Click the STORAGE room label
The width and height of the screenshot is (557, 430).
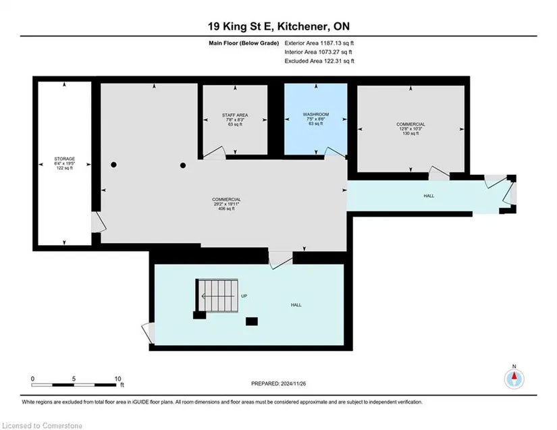[x=65, y=159]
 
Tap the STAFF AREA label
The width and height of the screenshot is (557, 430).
[x=235, y=115]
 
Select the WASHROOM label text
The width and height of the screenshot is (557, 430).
[x=316, y=114]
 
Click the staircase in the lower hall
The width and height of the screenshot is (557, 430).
[x=217, y=296]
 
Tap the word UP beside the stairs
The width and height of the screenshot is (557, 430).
[x=244, y=296]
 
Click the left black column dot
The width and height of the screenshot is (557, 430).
[x=113, y=165]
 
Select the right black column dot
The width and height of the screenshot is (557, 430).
[x=183, y=165]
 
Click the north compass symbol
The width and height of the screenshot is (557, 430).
[x=514, y=379]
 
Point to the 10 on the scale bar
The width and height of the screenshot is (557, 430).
[x=118, y=379]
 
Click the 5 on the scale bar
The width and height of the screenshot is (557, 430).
[x=74, y=379]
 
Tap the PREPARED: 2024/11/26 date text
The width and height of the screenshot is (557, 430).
[x=278, y=383]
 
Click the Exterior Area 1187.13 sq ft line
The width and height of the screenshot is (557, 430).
[x=319, y=43]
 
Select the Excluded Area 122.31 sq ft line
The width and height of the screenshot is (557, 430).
[x=319, y=61]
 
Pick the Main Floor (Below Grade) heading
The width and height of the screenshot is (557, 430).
[x=244, y=43]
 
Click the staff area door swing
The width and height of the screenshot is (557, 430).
[x=214, y=153]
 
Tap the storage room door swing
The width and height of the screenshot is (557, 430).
[x=99, y=222]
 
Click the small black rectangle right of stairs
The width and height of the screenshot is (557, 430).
[x=252, y=321]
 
